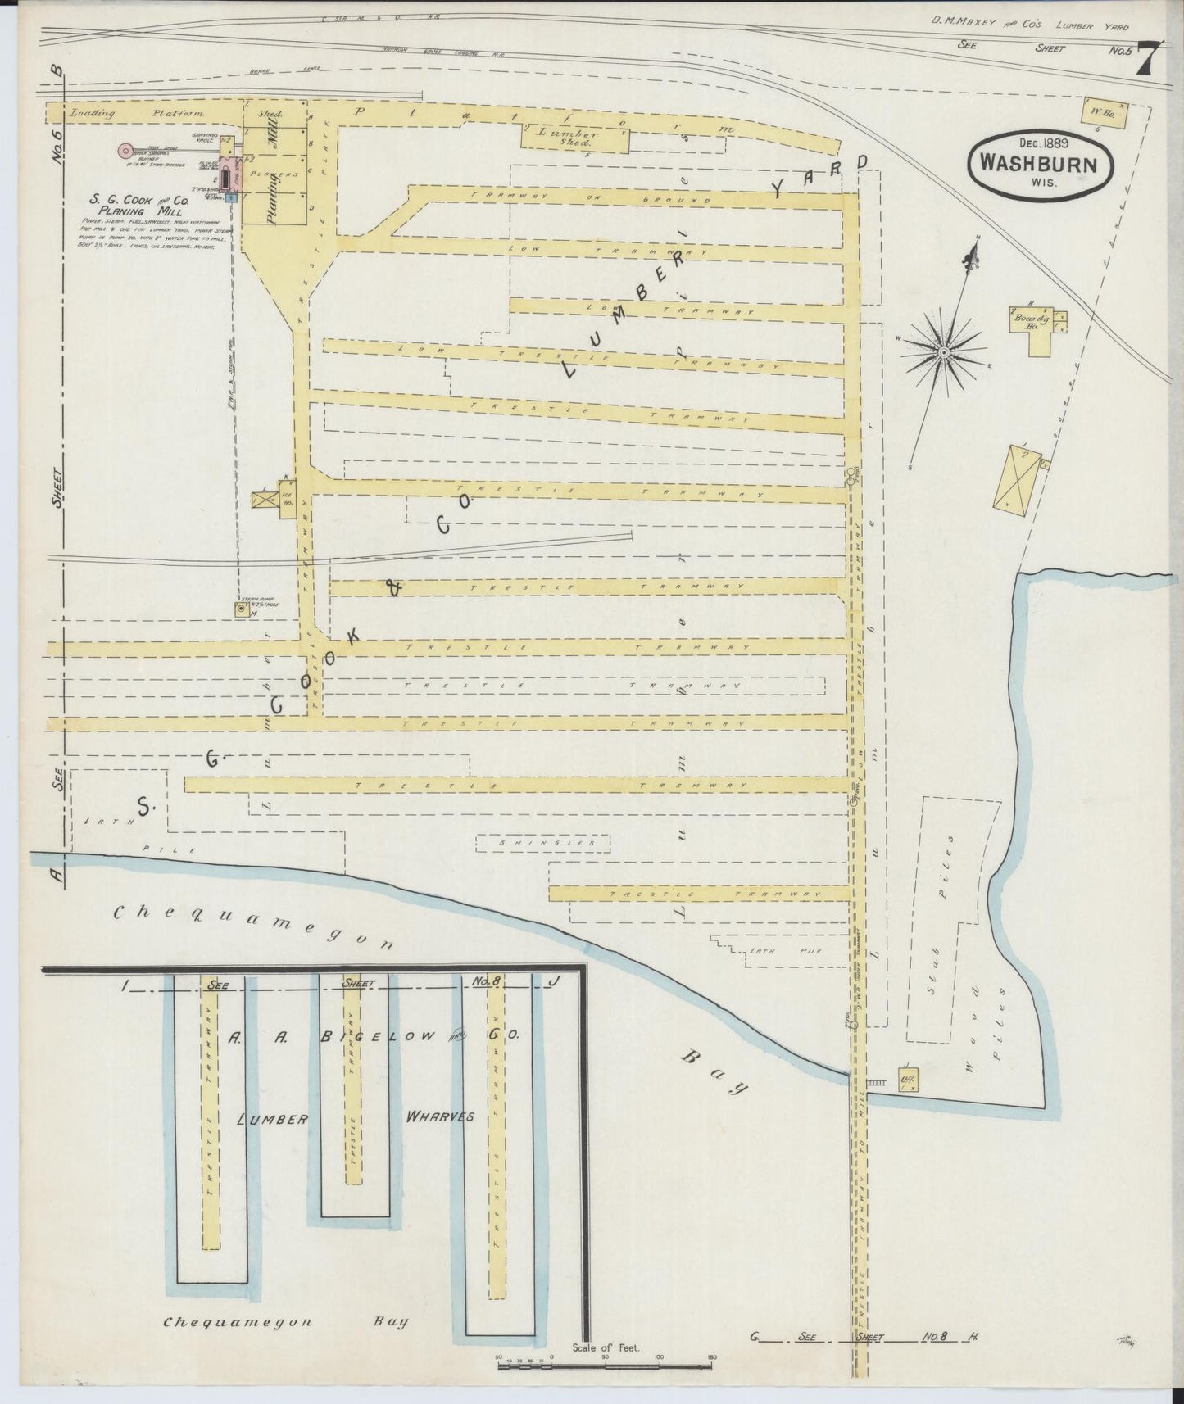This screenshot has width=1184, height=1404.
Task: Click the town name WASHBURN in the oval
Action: click(x=1041, y=164)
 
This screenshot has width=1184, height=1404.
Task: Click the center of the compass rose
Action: click(x=944, y=351)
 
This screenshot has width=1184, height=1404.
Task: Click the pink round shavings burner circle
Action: click(x=125, y=150)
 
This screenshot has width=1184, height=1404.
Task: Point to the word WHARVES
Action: click(x=439, y=1117)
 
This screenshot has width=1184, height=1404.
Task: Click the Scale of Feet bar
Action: click(x=606, y=1366)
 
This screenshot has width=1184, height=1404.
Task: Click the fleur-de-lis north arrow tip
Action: click(x=977, y=245)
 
